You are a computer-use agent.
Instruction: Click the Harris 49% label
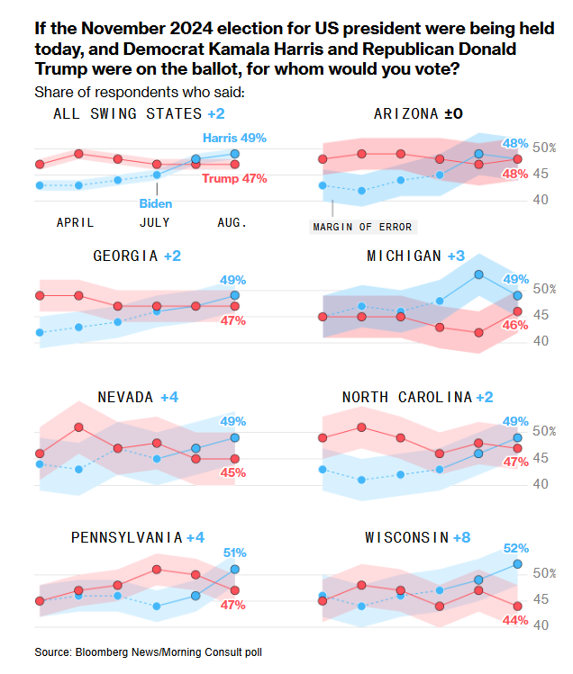pyautogui.click(x=234, y=138)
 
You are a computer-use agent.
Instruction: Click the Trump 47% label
pyautogui.click(x=234, y=178)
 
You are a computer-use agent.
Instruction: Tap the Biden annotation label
pyautogui.click(x=155, y=203)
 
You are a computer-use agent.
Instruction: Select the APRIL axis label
pyautogui.click(x=76, y=221)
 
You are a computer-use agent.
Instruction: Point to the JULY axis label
pyautogui.click(x=155, y=221)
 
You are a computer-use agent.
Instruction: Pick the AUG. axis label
pyautogui.click(x=232, y=221)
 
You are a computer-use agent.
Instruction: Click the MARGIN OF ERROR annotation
pyautogui.click(x=363, y=227)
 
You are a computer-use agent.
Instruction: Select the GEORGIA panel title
pyautogui.click(x=126, y=256)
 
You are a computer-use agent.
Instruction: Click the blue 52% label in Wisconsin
pyautogui.click(x=516, y=547)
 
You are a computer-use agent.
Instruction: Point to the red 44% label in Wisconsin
pyautogui.click(x=516, y=619)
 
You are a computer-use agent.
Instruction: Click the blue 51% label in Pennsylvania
pyautogui.click(x=234, y=553)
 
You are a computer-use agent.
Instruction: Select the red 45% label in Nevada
pyautogui.click(x=233, y=472)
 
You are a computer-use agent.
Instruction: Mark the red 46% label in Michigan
pyautogui.click(x=516, y=325)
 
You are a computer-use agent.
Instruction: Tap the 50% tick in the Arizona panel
pyautogui.click(x=544, y=148)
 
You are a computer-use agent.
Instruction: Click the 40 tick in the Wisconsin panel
pyautogui.click(x=541, y=625)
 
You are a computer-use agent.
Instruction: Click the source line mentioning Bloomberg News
pyautogui.click(x=149, y=651)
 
